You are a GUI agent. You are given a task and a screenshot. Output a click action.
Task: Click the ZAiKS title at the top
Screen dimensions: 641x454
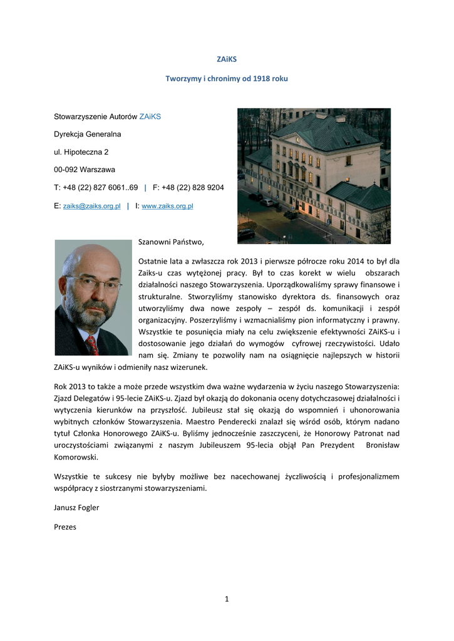click(227, 59)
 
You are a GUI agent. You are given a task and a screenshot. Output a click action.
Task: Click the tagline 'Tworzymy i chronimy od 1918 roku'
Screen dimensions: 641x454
click(227, 79)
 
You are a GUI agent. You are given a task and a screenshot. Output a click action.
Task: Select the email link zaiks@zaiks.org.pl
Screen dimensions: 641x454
click(92, 206)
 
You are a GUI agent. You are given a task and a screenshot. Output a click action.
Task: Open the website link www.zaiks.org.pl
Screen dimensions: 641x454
click(168, 206)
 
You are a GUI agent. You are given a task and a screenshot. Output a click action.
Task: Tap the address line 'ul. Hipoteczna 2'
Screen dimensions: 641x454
click(81, 152)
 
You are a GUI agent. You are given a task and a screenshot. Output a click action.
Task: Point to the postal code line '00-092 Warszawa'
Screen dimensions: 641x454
click(85, 170)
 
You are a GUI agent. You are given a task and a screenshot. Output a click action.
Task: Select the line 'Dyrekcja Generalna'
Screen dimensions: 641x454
click(88, 135)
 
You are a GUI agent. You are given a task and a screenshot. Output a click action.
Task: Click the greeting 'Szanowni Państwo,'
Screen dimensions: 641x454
click(171, 241)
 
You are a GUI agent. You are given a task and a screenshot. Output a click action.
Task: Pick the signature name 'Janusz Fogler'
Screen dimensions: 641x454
click(76, 508)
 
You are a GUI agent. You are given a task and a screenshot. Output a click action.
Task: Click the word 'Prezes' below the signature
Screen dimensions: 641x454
click(65, 527)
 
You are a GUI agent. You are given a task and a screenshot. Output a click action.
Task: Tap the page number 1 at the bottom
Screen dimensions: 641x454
click(227, 599)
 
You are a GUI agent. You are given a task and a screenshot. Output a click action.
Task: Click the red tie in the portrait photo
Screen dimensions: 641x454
click(93, 344)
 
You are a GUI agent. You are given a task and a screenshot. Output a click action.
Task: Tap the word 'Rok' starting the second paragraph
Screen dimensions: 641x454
click(61, 386)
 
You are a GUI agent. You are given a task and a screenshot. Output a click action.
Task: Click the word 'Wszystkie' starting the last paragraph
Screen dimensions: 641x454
click(70, 476)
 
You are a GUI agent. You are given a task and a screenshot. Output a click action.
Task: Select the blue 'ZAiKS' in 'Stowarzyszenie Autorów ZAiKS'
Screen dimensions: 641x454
click(150, 116)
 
